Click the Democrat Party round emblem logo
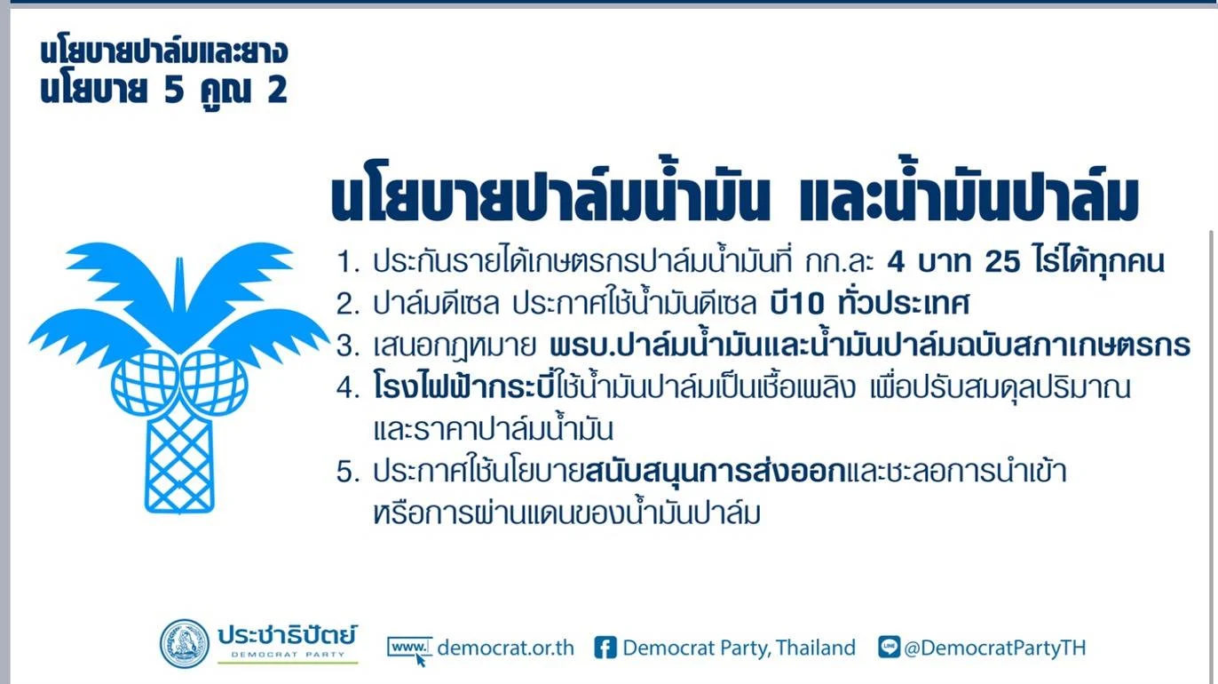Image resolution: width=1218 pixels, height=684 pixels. coord(185,644)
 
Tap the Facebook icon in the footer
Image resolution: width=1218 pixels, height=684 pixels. coord(605,648)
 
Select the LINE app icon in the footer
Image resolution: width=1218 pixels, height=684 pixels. coord(889,647)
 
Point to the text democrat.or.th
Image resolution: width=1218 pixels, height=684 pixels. coord(506,648)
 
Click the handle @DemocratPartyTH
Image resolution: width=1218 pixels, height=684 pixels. coord(994,648)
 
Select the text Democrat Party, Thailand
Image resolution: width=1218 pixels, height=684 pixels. coord(739,648)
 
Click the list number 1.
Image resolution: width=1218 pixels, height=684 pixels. coord(348,262)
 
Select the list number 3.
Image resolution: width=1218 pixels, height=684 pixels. coord(348,346)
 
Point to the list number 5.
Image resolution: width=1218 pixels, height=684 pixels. coord(348,472)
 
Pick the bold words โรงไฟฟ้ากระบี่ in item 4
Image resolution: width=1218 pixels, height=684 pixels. coord(463,387)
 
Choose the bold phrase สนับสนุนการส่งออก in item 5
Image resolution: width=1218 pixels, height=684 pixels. coord(716,472)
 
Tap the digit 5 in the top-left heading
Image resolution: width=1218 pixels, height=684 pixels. coord(174,90)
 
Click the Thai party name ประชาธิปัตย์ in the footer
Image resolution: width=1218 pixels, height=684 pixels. coord(288,635)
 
